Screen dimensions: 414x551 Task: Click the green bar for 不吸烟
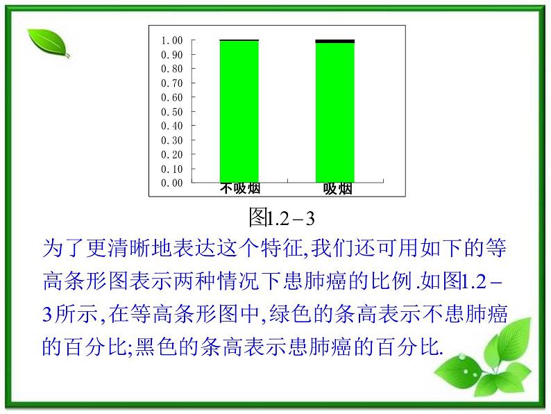pyautogui.click(x=239, y=111)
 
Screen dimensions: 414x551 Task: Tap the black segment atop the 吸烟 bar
pyautogui.click(x=334, y=41)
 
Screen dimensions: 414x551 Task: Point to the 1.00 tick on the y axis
pyautogui.click(x=172, y=40)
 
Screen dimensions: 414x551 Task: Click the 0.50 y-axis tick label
pyautogui.click(x=172, y=111)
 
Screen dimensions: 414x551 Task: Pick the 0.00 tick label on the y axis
pyautogui.click(x=172, y=183)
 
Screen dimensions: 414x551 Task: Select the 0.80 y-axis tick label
pyautogui.click(x=172, y=69)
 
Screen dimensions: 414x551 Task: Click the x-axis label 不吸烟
pyautogui.click(x=240, y=189)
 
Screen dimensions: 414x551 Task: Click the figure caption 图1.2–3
pyautogui.click(x=282, y=219)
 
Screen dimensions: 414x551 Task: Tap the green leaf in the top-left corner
pyautogui.click(x=49, y=44)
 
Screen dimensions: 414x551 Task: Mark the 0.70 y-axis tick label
pyautogui.click(x=172, y=83)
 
